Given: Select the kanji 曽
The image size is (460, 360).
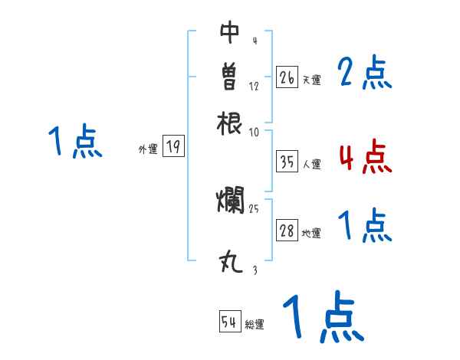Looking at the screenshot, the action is click(229, 77).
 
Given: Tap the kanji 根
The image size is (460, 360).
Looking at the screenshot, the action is click(229, 121).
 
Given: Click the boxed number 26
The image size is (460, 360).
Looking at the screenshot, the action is click(286, 77).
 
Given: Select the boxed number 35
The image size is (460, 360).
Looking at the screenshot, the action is click(287, 162).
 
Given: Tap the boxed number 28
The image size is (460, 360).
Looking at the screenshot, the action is click(287, 231).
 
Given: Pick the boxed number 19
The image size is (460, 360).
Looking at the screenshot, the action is click(174, 147).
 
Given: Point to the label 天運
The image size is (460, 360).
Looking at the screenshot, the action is click(311, 80).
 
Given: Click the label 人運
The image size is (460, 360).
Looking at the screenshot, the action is click(312, 164).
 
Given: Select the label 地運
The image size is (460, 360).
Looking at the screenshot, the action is click(311, 234).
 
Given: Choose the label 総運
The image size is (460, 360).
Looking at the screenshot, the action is click(255, 325).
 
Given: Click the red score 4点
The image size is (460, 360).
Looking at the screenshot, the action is click(365, 156).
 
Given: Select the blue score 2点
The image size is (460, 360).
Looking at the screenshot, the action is click(364, 74).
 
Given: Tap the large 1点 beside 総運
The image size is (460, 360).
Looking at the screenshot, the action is click(322, 316).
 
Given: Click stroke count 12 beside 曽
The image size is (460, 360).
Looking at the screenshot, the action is click(254, 86).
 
